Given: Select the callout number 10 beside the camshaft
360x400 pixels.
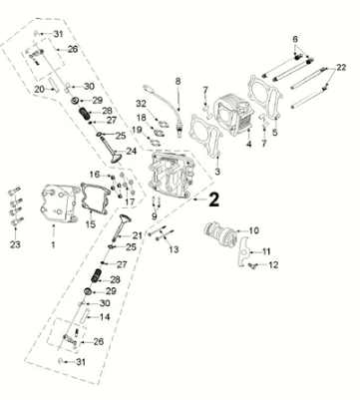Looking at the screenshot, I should (252, 230).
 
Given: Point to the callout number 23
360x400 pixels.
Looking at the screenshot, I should (15, 244).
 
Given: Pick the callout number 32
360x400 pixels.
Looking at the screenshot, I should (142, 104).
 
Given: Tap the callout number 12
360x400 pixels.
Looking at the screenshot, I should (273, 265).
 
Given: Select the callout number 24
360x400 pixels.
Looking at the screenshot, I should (131, 151).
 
